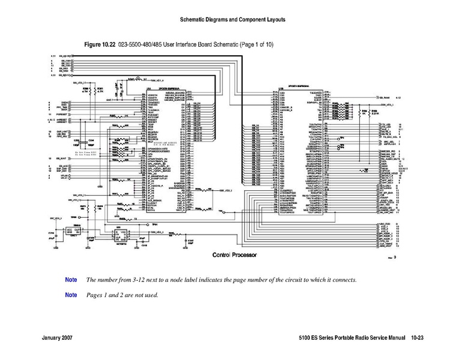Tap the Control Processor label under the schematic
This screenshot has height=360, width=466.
click(x=235, y=255)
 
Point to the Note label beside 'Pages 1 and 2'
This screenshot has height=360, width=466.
click(x=71, y=295)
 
